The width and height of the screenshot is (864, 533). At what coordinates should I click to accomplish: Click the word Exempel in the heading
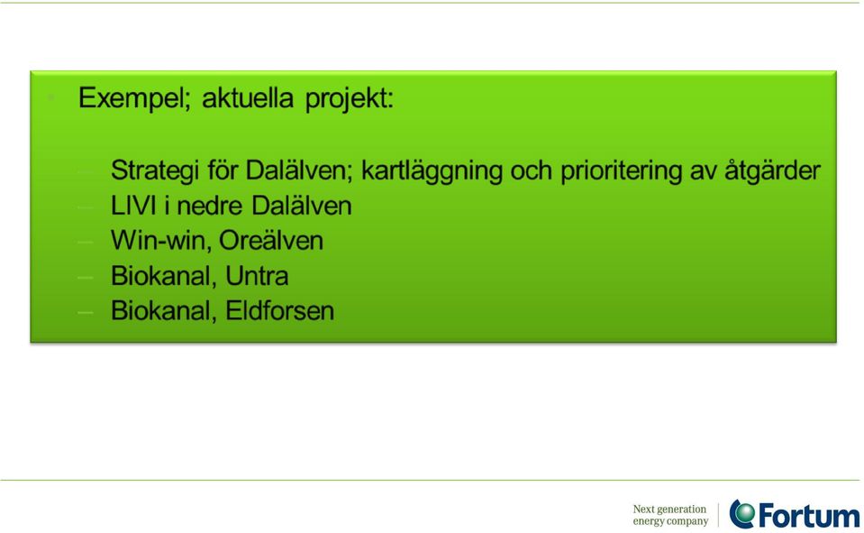coord(134,99)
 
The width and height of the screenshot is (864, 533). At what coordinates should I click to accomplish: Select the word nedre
coord(209,207)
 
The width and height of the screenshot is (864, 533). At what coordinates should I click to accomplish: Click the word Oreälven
coord(271,241)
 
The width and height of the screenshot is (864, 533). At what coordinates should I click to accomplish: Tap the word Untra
coord(257,276)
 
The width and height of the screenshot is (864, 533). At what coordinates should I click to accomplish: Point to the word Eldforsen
coord(280,310)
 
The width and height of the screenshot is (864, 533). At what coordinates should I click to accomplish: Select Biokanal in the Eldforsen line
coord(164,311)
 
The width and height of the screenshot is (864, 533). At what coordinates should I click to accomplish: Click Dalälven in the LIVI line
coord(302,206)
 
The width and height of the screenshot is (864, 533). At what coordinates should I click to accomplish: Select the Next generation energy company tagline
coord(670,515)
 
